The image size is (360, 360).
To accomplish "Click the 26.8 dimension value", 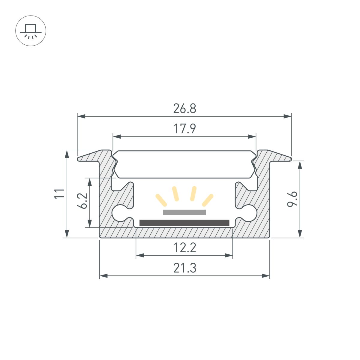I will [184, 109].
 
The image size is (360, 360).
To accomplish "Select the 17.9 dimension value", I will [184, 129].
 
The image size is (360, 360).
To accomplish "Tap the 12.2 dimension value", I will [184, 248].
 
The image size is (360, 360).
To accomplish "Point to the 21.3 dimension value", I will [184, 268].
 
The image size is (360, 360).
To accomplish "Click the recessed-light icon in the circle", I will [31, 31].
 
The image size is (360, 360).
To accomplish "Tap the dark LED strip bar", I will [184, 223].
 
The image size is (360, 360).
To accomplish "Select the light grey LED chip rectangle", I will [184, 212].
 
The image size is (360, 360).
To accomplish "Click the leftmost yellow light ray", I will [161, 200].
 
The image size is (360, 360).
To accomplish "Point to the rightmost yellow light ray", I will [208, 200].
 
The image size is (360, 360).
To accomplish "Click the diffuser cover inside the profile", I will [184, 164].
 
